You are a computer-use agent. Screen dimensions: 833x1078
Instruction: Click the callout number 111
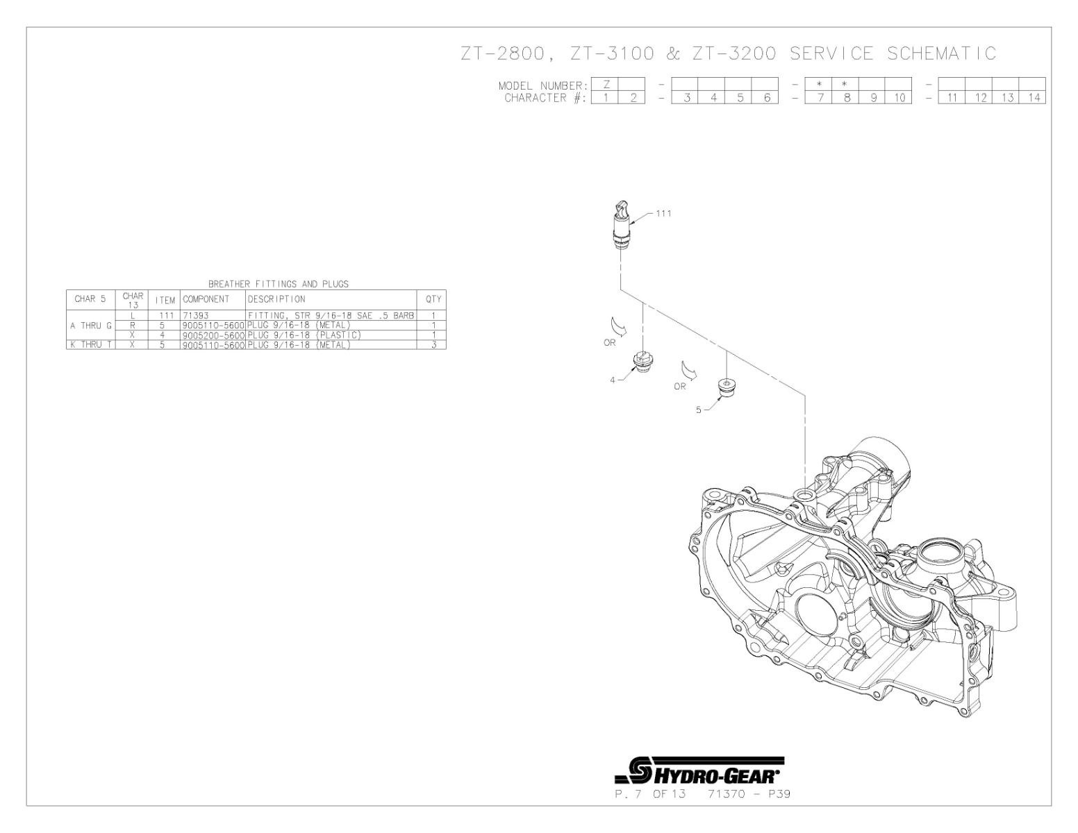pyautogui.click(x=663, y=213)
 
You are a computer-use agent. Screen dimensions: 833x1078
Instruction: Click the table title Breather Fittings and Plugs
pyautogui.click(x=278, y=284)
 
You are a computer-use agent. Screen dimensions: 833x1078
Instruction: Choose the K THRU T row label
pyautogui.click(x=90, y=344)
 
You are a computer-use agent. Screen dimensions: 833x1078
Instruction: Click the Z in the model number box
pyautogui.click(x=606, y=85)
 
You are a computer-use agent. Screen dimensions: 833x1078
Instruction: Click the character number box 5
pyautogui.click(x=740, y=98)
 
